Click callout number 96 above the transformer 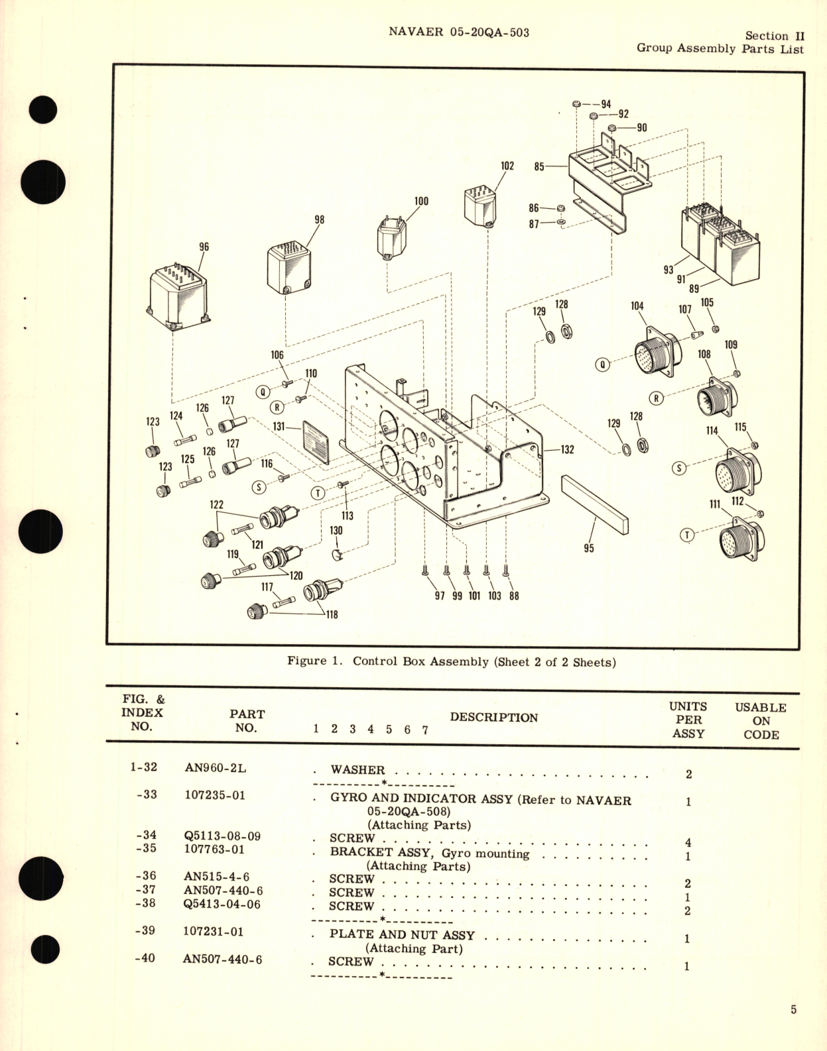tap(204, 247)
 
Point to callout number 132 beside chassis tap(567, 449)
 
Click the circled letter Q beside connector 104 tap(602, 364)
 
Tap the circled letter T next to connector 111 tap(687, 535)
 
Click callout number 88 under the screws tap(514, 596)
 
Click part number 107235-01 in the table tap(214, 795)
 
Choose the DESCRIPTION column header tap(493, 717)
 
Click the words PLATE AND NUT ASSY tap(402, 934)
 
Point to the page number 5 tap(793, 1009)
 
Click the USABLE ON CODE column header tap(760, 720)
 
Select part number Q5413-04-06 tap(222, 905)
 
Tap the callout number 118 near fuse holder tap(332, 614)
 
